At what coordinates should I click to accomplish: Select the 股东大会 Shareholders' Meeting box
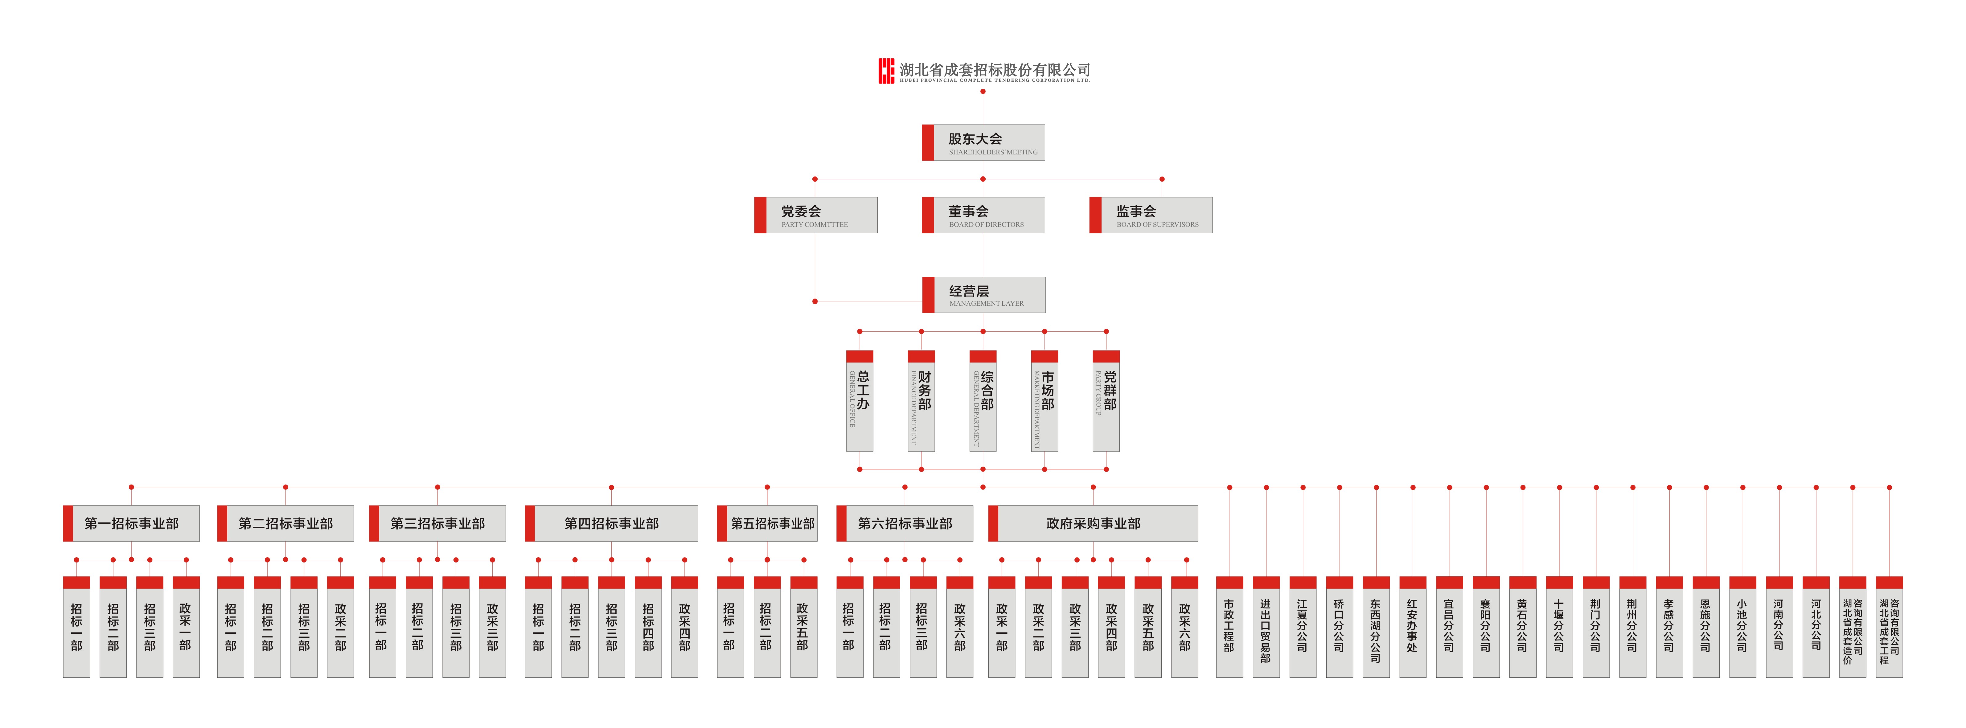[x=983, y=143]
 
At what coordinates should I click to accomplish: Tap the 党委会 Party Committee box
[x=815, y=215]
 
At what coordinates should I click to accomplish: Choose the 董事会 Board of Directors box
[x=983, y=215]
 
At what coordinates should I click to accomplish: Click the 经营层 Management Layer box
[x=984, y=295]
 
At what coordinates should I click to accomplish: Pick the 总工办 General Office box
[x=859, y=401]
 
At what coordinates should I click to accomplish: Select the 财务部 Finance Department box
[x=921, y=401]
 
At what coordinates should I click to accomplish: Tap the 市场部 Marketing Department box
[x=1044, y=401]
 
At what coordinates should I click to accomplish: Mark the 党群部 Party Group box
[x=1106, y=401]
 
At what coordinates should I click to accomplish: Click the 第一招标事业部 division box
[x=131, y=523]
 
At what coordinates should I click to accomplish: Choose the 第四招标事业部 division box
[x=611, y=523]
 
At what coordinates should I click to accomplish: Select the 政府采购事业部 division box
[x=1093, y=523]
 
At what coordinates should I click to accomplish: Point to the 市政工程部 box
[x=1229, y=627]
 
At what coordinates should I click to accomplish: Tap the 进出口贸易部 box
[x=1265, y=627]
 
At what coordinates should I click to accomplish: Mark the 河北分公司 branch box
[x=1816, y=627]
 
